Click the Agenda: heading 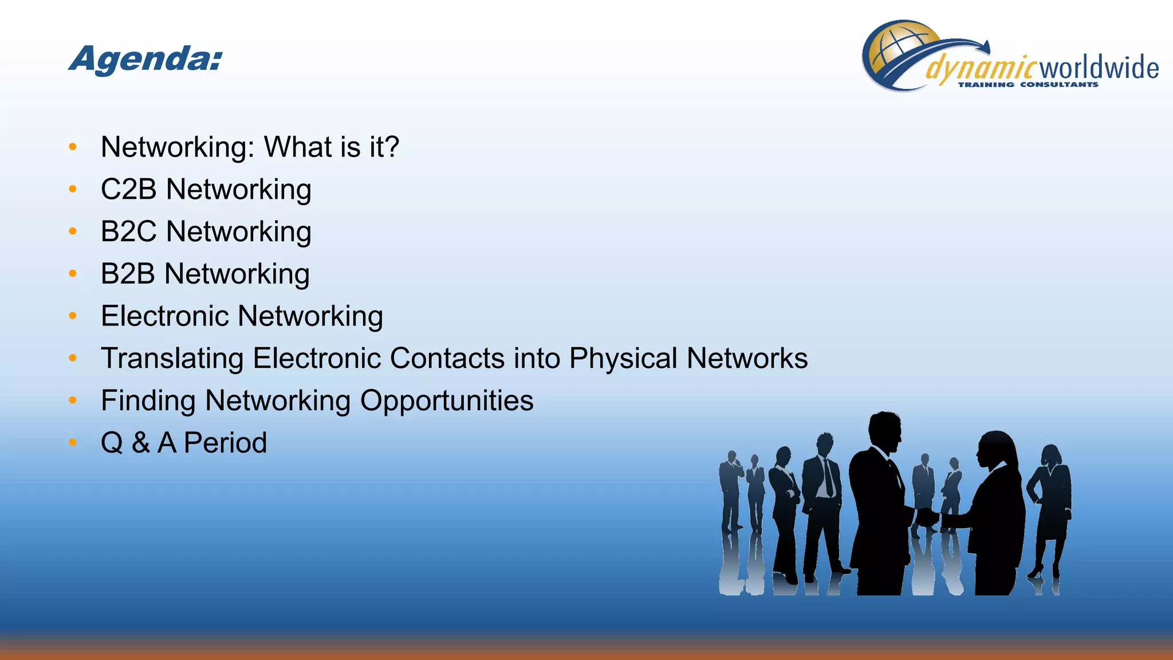pyautogui.click(x=146, y=59)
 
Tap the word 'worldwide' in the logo pyautogui.click(x=1099, y=68)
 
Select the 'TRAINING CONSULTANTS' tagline pyautogui.click(x=1028, y=85)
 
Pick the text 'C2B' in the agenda pyautogui.click(x=128, y=190)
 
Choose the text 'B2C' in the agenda pyautogui.click(x=128, y=232)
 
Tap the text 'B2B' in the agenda pyautogui.click(x=128, y=274)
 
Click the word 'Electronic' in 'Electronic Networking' pyautogui.click(x=164, y=316)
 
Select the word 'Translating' pyautogui.click(x=172, y=359)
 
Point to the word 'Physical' pyautogui.click(x=623, y=359)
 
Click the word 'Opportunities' pyautogui.click(x=446, y=401)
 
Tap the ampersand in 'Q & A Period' pyautogui.click(x=140, y=443)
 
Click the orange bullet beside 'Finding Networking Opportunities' pyautogui.click(x=72, y=400)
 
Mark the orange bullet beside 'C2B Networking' pyautogui.click(x=72, y=189)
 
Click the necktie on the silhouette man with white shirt pyautogui.click(x=828, y=478)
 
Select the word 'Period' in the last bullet pyautogui.click(x=225, y=443)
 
